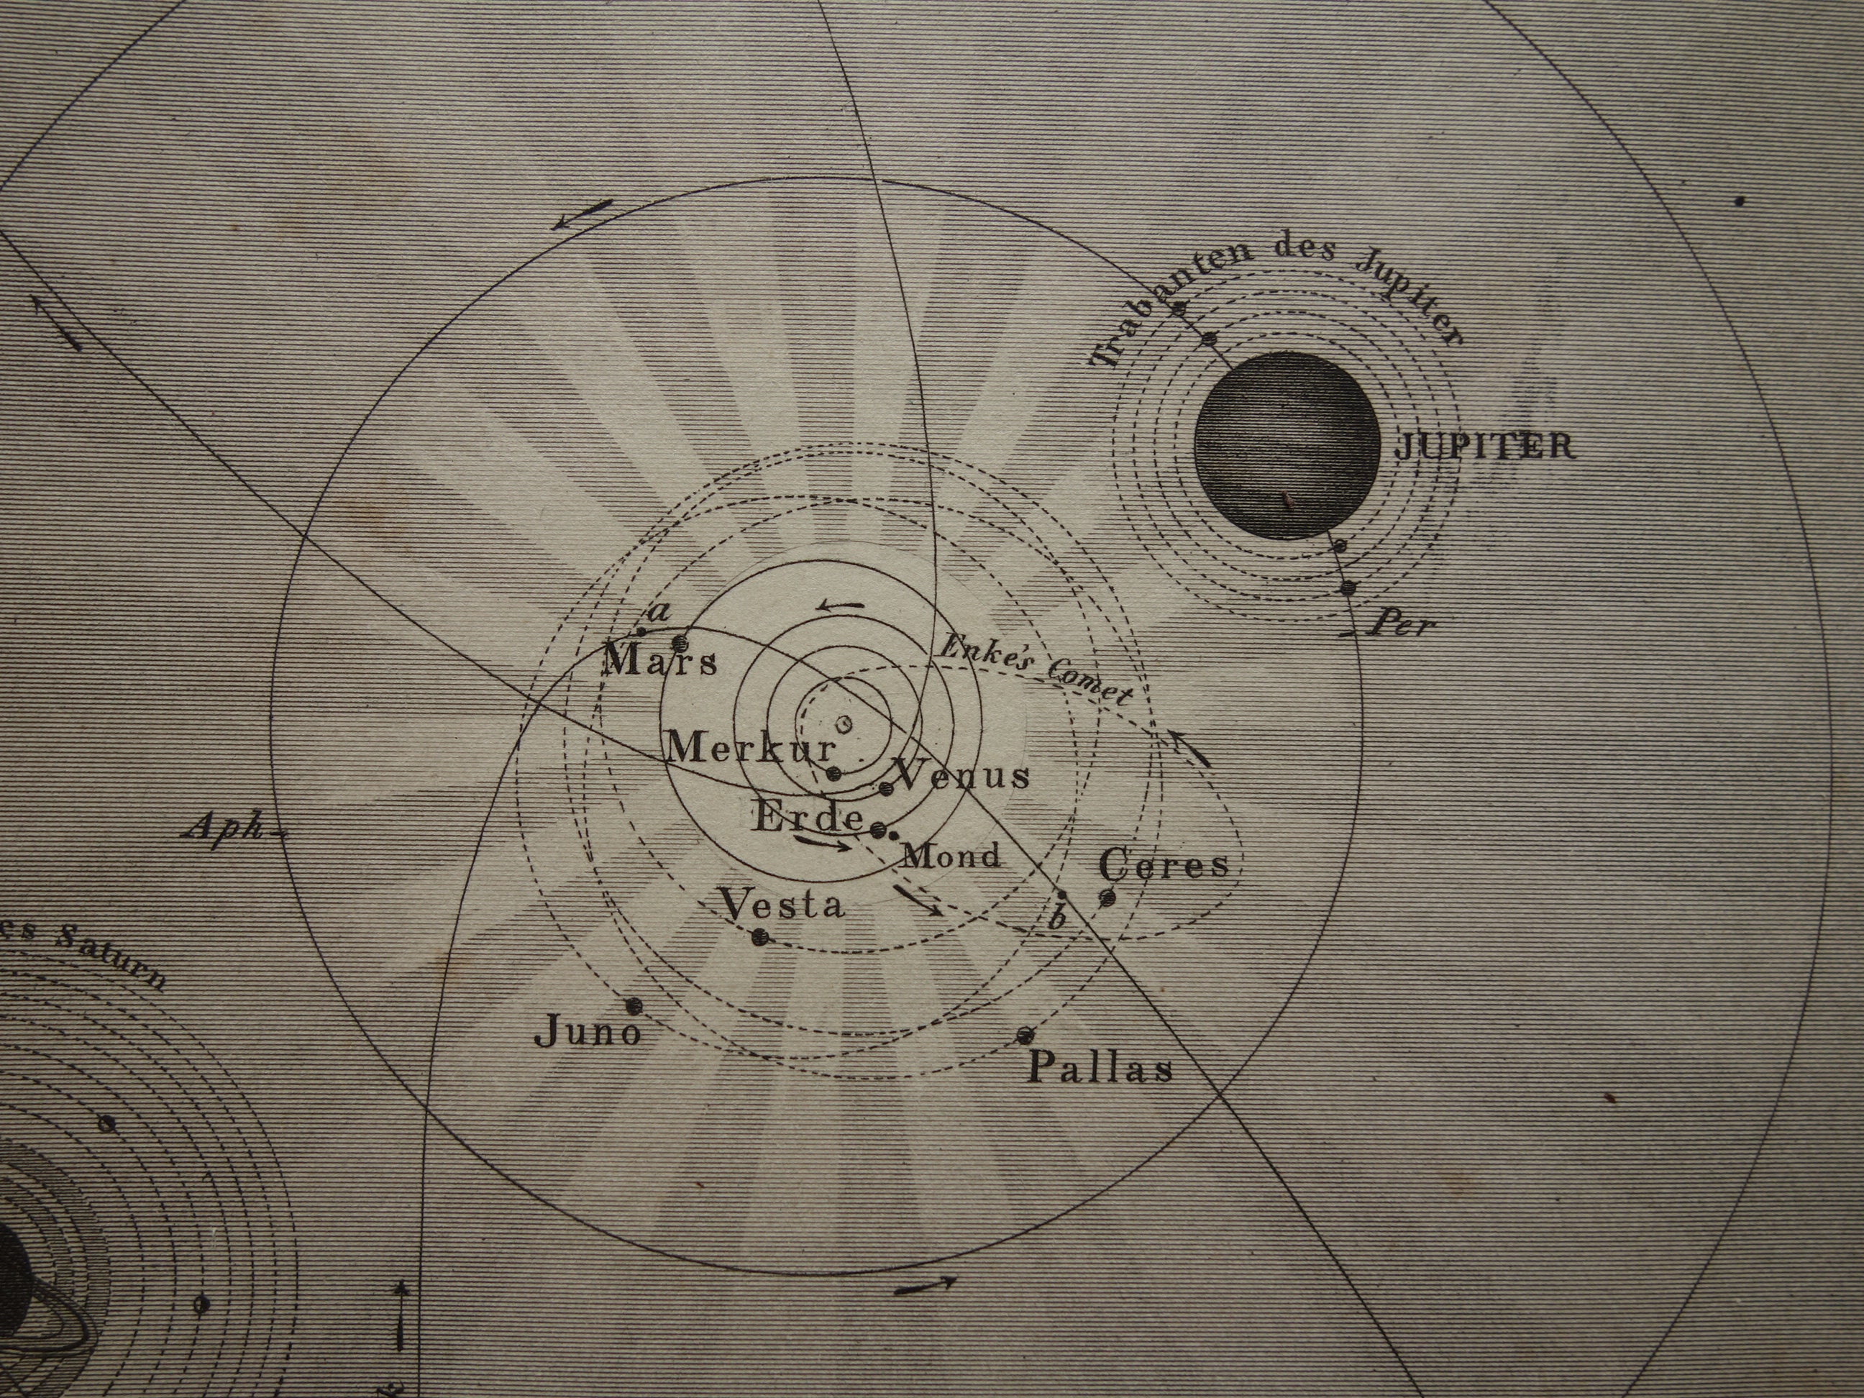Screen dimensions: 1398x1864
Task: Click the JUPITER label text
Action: pos(1485,446)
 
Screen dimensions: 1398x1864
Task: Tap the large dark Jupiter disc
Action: pos(1287,445)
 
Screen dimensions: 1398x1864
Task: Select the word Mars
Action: pos(662,661)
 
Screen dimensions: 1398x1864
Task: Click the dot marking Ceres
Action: pos(1107,898)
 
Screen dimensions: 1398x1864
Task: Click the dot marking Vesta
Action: pos(760,936)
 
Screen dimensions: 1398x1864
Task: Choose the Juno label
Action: pos(588,1032)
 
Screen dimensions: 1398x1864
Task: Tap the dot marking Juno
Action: pos(634,1005)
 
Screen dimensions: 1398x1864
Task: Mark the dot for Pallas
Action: pos(1025,1035)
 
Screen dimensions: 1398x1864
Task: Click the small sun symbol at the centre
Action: pos(844,723)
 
